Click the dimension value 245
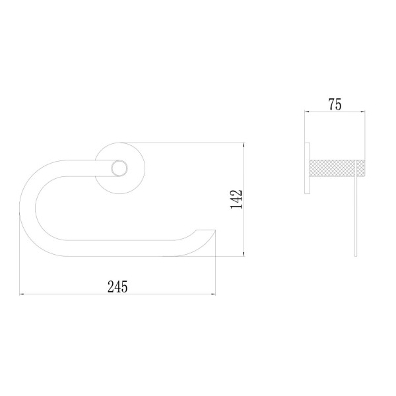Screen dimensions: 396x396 [x=117, y=286]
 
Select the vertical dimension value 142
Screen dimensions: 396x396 [x=236, y=199]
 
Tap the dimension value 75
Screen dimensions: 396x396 [x=335, y=104]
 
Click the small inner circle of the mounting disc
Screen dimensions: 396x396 [x=119, y=168]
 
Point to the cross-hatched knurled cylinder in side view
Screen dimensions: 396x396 [x=337, y=168]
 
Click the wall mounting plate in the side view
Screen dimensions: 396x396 [x=307, y=168]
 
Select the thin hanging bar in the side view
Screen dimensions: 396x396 [x=356, y=209]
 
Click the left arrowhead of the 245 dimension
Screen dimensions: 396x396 [x=22, y=294]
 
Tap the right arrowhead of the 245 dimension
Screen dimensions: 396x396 [x=213, y=294]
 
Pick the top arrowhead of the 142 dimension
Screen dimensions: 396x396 [x=244, y=145]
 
